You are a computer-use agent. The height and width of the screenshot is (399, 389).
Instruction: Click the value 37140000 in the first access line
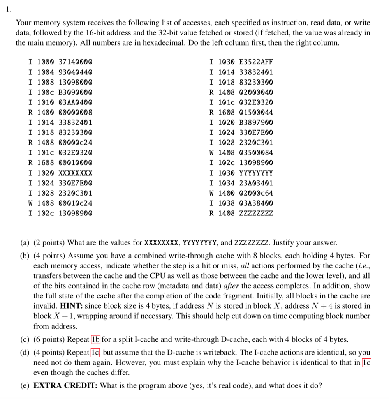(76, 62)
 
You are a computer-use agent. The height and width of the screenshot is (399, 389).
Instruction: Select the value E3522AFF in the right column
(256, 62)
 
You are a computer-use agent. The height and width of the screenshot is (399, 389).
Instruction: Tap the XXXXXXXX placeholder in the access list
(76, 173)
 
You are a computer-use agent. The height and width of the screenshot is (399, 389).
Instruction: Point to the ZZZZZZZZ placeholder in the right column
(256, 213)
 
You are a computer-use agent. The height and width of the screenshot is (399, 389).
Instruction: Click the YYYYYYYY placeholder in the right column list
(256, 173)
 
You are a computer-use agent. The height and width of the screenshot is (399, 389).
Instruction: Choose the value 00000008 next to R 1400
(76, 113)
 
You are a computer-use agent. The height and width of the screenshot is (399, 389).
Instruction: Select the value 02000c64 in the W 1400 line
(256, 193)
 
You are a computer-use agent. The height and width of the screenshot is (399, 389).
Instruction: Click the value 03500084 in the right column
(256, 152)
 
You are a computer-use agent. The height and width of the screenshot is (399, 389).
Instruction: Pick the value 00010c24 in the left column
(76, 203)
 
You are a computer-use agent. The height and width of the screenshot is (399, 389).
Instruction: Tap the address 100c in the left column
(46, 92)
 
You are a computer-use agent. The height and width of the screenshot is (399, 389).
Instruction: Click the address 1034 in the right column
(227, 183)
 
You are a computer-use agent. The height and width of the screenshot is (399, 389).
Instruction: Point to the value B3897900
(256, 123)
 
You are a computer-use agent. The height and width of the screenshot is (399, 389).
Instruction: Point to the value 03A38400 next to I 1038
(256, 203)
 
